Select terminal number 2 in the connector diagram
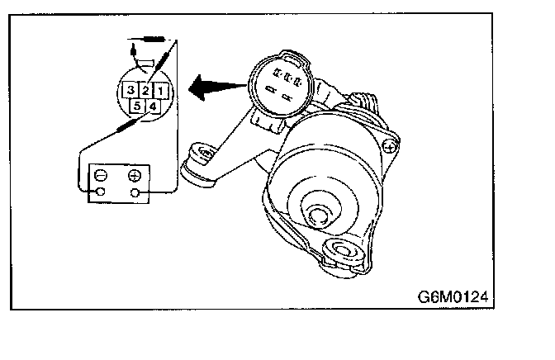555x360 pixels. point(145,89)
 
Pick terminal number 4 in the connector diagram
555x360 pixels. point(153,106)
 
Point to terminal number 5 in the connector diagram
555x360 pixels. point(137,106)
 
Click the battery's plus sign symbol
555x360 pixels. point(134,175)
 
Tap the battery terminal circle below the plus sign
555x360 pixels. point(134,193)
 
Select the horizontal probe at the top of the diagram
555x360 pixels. point(152,39)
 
